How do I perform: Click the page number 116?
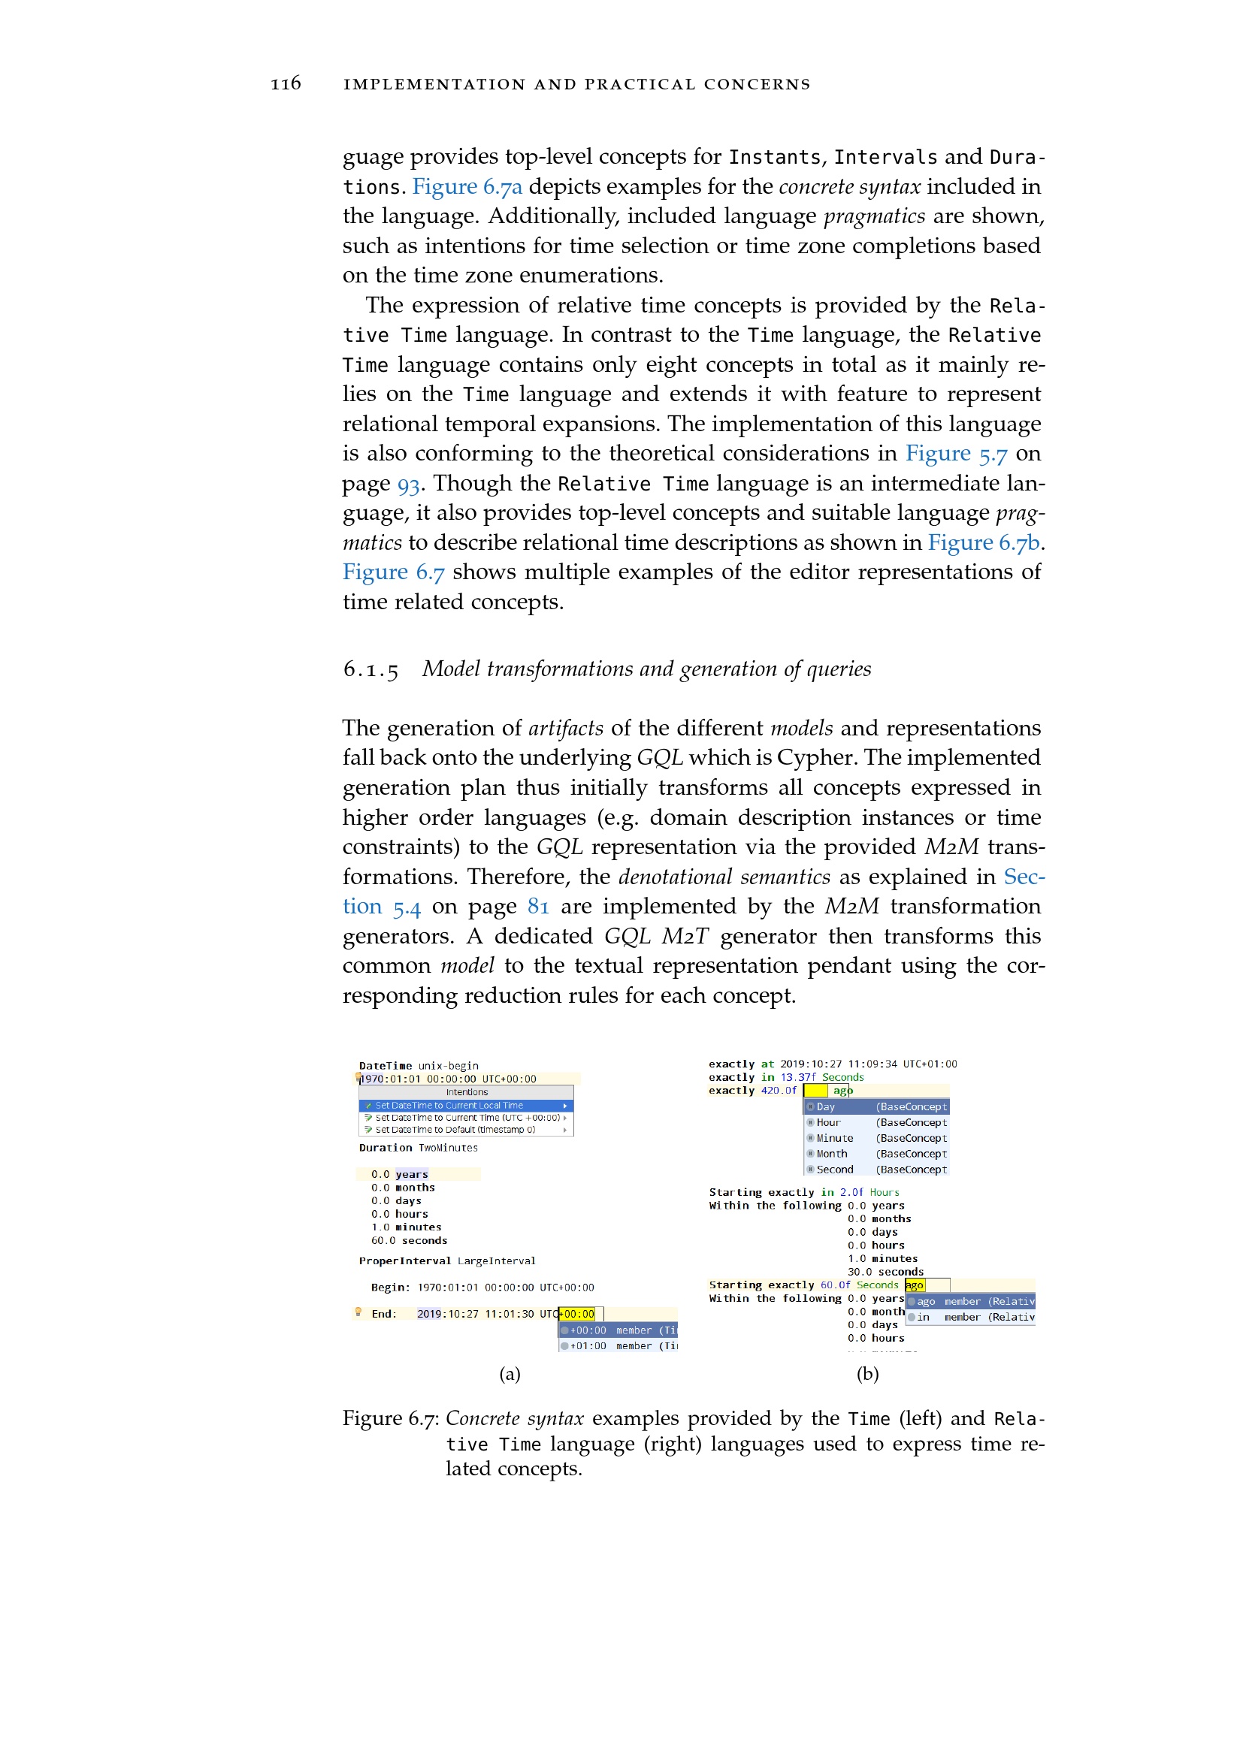286,83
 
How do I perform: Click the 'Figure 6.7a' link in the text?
467,186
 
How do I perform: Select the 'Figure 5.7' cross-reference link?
956,453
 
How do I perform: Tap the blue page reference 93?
408,484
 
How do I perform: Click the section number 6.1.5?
370,669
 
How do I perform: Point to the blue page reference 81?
538,907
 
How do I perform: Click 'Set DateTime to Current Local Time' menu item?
449,1105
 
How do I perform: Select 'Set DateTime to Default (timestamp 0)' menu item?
455,1130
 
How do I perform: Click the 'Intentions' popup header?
466,1092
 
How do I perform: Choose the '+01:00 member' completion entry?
618,1346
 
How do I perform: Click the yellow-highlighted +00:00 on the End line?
578,1314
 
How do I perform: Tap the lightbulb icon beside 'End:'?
358,1312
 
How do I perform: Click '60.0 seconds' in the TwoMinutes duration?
409,1240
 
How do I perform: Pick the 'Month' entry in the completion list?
831,1154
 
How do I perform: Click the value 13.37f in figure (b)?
797,1077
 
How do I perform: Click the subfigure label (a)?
510,1375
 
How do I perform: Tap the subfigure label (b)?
867,1375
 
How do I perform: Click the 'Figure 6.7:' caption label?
390,1419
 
